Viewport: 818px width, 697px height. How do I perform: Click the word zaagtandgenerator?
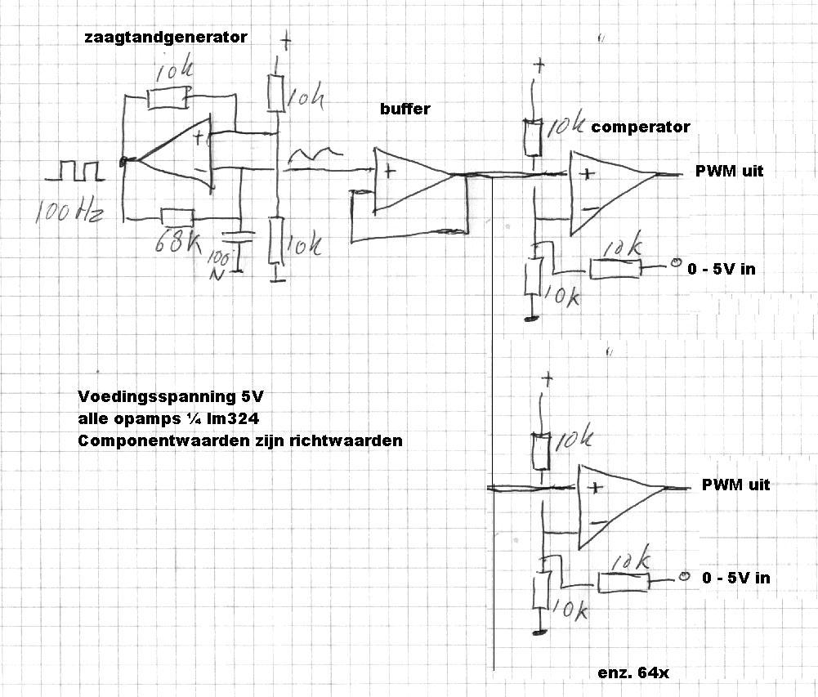(x=165, y=38)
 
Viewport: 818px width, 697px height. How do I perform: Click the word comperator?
(x=641, y=127)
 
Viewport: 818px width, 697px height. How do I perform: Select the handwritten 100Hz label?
(x=69, y=214)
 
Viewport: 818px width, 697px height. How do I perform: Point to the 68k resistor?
(x=177, y=217)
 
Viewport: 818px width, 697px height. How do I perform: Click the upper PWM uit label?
(x=729, y=171)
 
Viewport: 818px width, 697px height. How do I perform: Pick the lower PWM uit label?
(x=735, y=485)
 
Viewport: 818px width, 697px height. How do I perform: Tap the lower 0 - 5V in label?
(x=735, y=578)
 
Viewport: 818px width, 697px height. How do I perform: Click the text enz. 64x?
(x=634, y=672)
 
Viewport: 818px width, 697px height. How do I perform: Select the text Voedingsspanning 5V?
(x=171, y=397)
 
